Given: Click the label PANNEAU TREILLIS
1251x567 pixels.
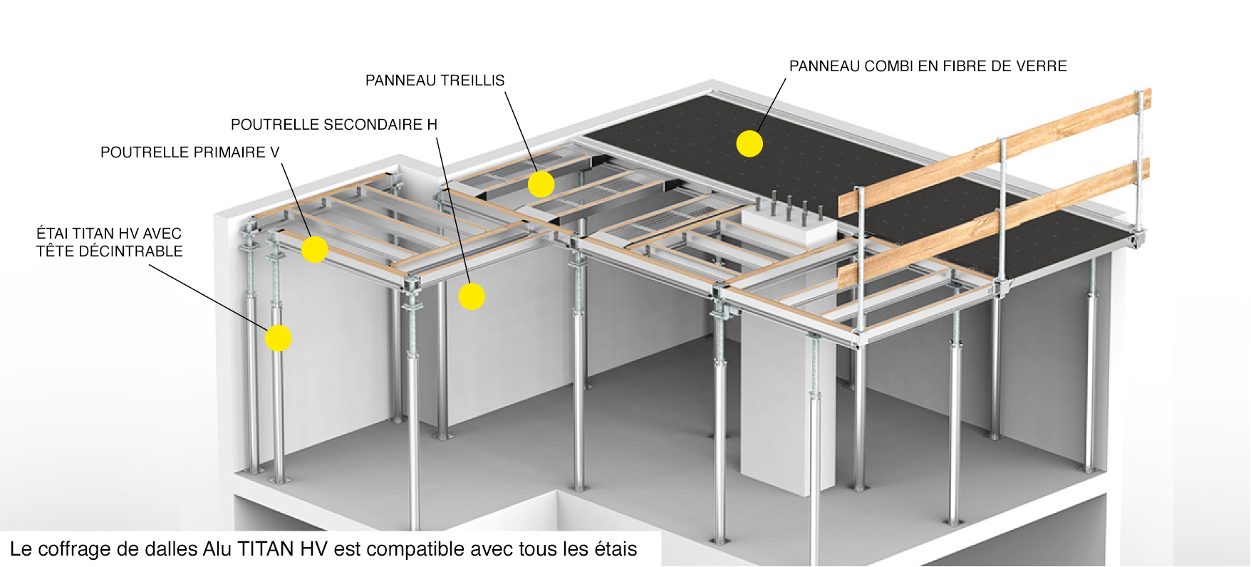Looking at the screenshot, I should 435,80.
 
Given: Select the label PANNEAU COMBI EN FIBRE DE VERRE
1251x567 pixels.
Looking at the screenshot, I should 928,66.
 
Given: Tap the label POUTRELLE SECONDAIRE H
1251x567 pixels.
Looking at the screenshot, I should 333,125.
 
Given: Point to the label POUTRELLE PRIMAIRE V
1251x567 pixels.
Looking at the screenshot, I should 190,152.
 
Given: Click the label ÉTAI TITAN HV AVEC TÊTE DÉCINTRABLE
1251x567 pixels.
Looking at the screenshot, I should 110,242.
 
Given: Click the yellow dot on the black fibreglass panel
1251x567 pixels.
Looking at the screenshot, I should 749,143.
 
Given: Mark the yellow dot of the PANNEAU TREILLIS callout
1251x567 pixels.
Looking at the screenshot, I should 541,184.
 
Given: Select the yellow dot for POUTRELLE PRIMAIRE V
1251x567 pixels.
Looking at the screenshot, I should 314,249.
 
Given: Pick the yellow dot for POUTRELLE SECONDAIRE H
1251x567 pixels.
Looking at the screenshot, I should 472,296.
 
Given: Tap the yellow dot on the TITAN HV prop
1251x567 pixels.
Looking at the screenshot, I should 278,338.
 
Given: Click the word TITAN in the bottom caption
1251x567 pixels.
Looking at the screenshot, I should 266,549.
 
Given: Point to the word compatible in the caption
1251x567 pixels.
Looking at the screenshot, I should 411,549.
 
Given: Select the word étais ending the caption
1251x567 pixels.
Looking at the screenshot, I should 614,549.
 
